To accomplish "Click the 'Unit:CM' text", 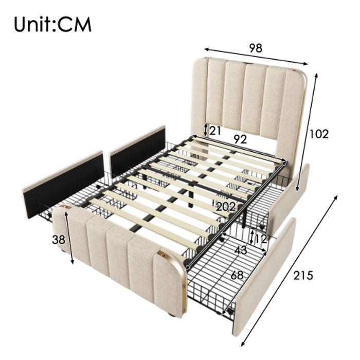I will point(52,24).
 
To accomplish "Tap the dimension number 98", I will point(256,48).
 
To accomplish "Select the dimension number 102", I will point(319,134).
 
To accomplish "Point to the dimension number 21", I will point(215,131).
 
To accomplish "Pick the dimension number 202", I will point(226,207).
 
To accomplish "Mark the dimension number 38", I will point(59,239).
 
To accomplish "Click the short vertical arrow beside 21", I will point(206,129).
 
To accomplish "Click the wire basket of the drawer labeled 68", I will point(216,278).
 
